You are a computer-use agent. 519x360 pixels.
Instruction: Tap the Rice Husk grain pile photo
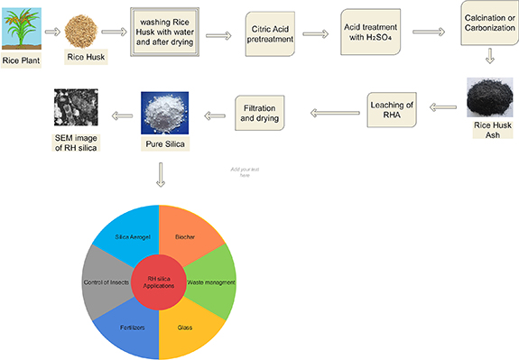(x=88, y=31)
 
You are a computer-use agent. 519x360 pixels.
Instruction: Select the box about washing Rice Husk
(x=165, y=32)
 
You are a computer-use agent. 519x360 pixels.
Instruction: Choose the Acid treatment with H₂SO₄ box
(x=372, y=33)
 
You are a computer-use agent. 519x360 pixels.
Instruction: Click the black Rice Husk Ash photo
(x=490, y=103)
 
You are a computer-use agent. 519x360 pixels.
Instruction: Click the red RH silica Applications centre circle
(x=159, y=277)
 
